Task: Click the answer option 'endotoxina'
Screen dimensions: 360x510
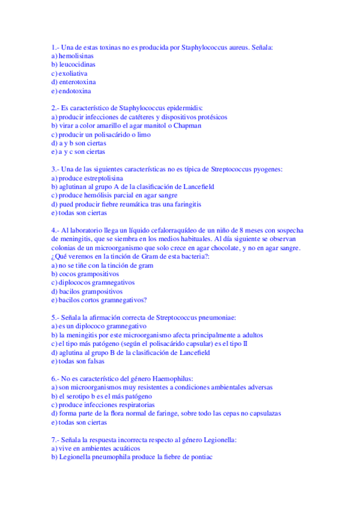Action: click(75, 91)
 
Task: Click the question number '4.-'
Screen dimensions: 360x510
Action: click(55, 230)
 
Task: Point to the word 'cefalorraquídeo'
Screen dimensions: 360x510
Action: click(157, 230)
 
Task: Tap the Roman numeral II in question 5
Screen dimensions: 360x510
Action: click(245, 344)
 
